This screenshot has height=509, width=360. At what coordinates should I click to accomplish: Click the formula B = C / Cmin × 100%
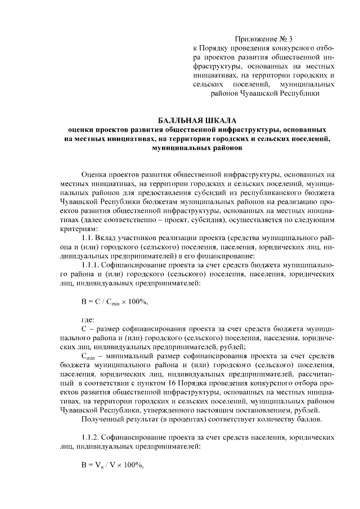(x=114, y=302)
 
